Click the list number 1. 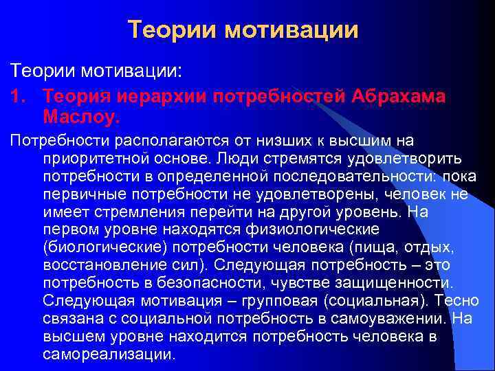coord(16,97)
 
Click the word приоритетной coord(86,159)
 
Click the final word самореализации coord(109,355)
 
